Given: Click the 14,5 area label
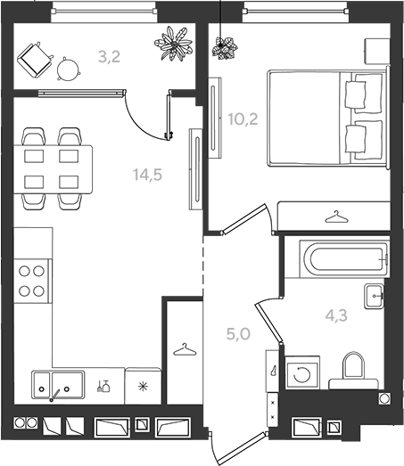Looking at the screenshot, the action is coord(147,175).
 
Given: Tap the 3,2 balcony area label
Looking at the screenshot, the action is coord(109,57).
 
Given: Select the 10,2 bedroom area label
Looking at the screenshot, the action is coord(243,119).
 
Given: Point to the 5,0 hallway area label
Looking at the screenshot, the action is coord(238,334).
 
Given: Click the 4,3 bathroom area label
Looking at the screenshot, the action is coord(336,315).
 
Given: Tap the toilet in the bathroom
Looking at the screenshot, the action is coord(353,371).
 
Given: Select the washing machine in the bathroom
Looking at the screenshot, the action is coord(302,372).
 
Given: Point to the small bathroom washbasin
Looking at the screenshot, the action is coord(375,297).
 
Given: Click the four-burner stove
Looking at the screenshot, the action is coord(32,282).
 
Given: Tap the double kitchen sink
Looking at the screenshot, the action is coord(58,385).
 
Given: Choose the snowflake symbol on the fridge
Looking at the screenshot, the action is coord(144,387).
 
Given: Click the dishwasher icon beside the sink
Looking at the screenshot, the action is coord(103,386).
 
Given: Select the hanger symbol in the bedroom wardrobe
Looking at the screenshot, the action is coord(336,217).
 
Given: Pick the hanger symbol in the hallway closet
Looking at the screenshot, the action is coord(185,349).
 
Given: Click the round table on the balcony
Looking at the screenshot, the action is coord(69,69).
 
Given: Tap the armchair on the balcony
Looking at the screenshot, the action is coord(35,60).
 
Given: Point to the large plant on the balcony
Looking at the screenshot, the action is coord(173,44).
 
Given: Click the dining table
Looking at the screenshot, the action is coord(53,169).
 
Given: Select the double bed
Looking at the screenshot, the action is coord(329,118).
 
